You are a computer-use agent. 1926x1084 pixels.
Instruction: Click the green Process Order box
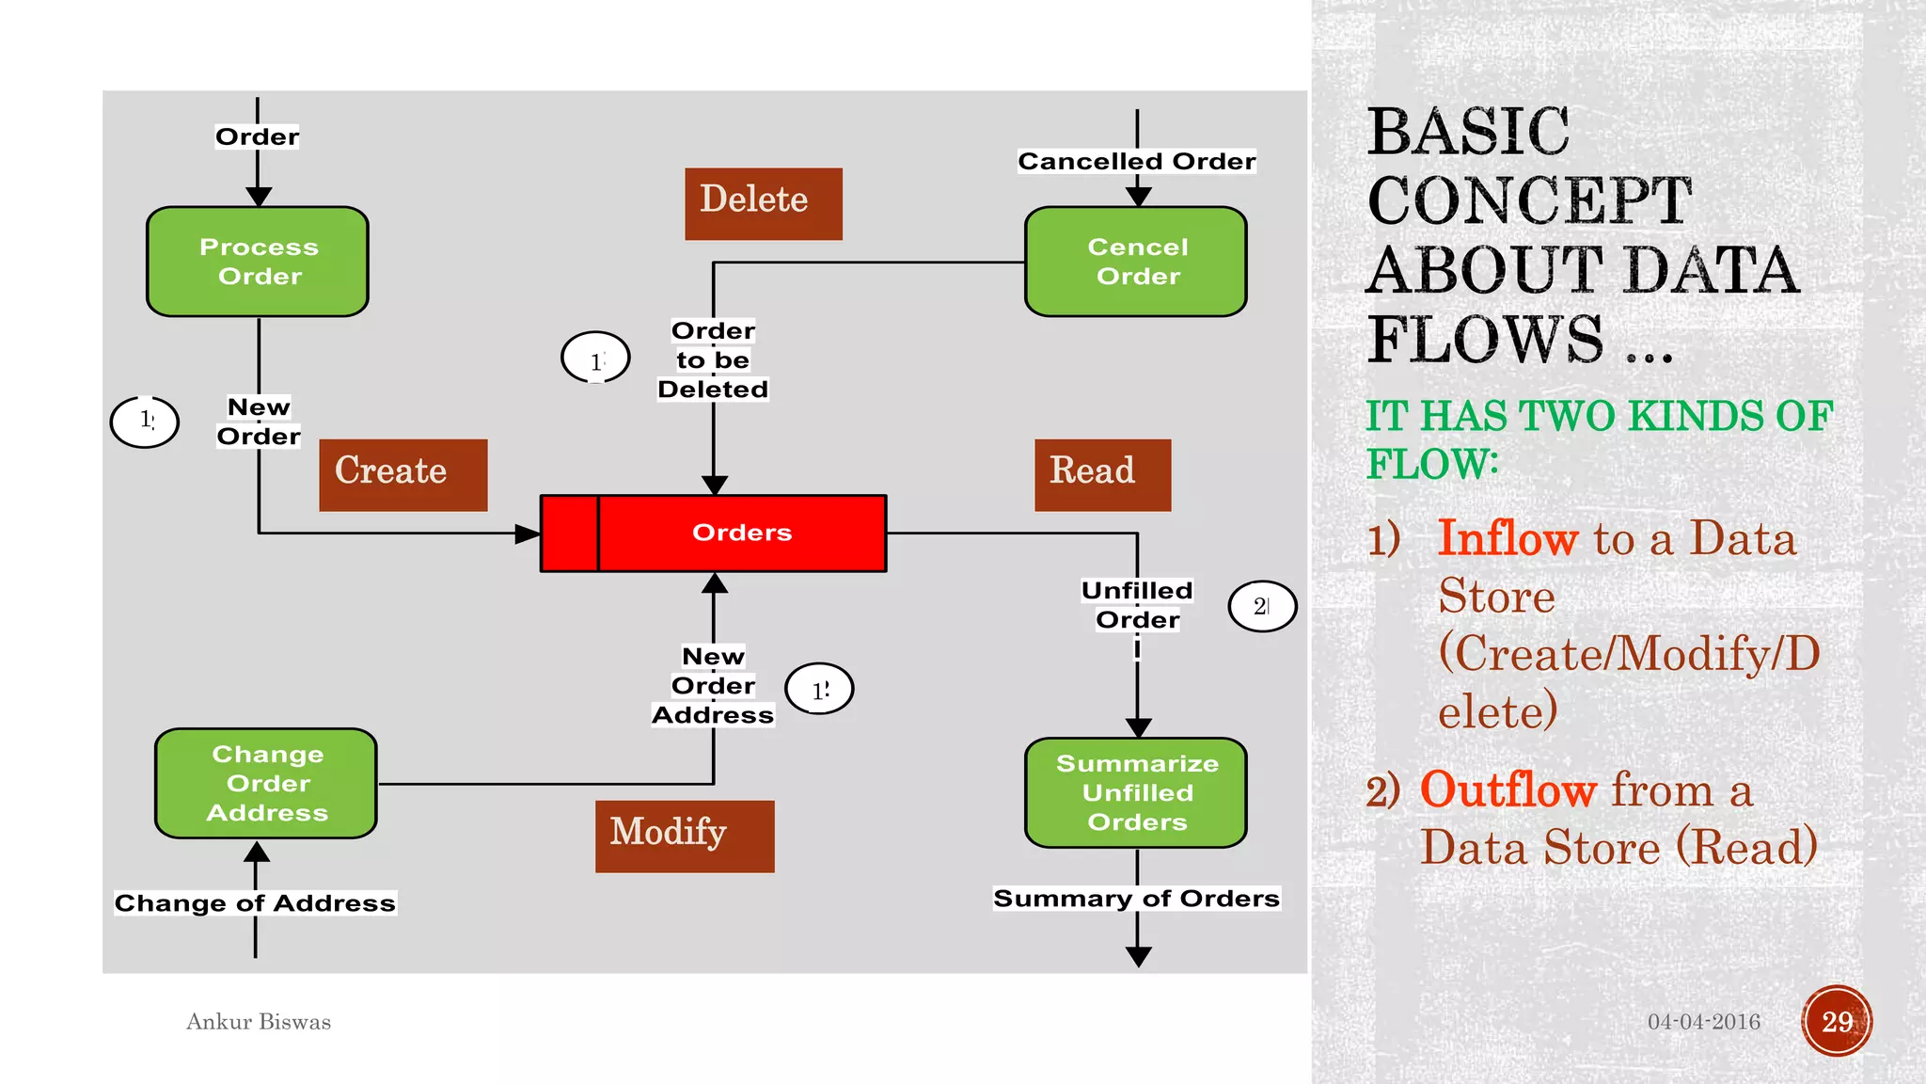(x=258, y=262)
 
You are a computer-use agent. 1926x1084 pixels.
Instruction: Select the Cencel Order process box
(x=1136, y=262)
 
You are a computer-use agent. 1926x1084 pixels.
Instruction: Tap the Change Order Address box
(x=266, y=783)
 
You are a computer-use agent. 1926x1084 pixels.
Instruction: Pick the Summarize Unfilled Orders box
(x=1136, y=792)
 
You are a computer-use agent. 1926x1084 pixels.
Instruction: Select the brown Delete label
(x=763, y=203)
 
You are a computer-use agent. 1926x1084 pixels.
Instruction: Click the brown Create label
(x=403, y=474)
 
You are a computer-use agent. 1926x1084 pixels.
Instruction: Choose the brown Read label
(x=1102, y=474)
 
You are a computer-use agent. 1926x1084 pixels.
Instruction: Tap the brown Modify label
(x=684, y=836)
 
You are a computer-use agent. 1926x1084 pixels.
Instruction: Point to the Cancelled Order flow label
(x=1136, y=161)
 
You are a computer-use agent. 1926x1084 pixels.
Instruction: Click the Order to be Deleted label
(x=713, y=359)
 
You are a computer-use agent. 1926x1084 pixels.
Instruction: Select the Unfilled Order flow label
(x=1137, y=604)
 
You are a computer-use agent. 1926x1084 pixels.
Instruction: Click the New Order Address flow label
(x=713, y=685)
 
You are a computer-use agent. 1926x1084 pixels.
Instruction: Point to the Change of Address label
(x=255, y=902)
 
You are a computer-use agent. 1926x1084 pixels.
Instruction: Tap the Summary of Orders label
(x=1136, y=899)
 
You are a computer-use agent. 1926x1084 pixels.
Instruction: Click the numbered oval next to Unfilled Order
(x=1262, y=606)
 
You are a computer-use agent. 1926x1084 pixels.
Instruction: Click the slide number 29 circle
(x=1837, y=1021)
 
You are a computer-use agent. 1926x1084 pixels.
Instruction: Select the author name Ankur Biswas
(x=259, y=1021)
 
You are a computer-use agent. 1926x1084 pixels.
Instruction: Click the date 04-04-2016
(x=1703, y=1021)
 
